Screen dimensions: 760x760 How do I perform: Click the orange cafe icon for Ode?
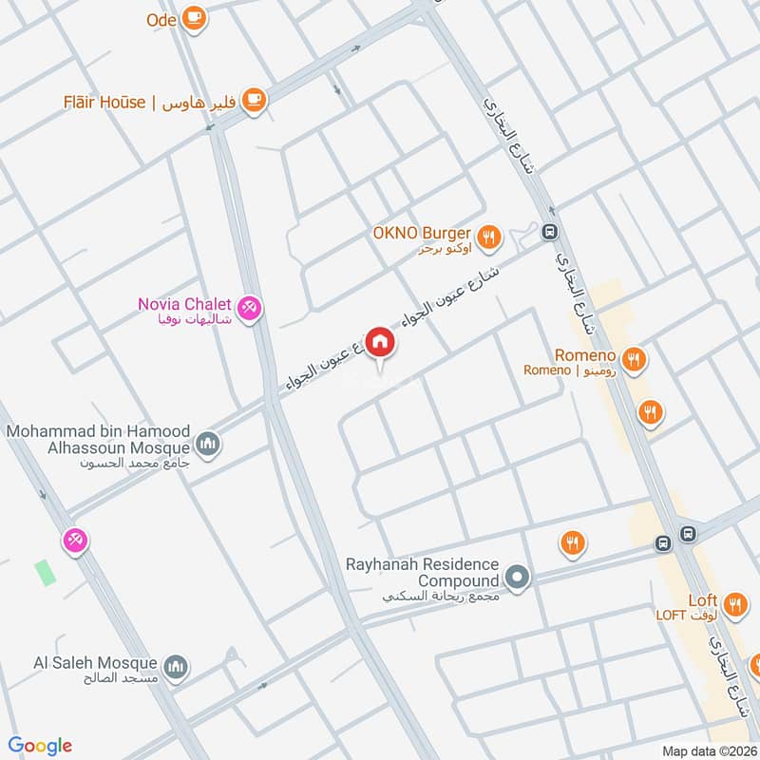193,18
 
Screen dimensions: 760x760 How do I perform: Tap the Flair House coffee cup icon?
253,100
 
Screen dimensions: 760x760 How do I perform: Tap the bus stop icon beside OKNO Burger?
549,231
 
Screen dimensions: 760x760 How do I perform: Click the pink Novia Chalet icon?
250,308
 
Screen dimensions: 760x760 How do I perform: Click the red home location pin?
380,343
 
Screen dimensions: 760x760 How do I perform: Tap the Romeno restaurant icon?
636,358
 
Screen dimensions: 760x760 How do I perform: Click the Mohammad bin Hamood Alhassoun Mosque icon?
208,444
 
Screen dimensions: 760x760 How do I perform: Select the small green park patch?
45,573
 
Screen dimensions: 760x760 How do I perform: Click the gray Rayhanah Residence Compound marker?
517,577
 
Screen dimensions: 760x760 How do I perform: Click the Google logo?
40,746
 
